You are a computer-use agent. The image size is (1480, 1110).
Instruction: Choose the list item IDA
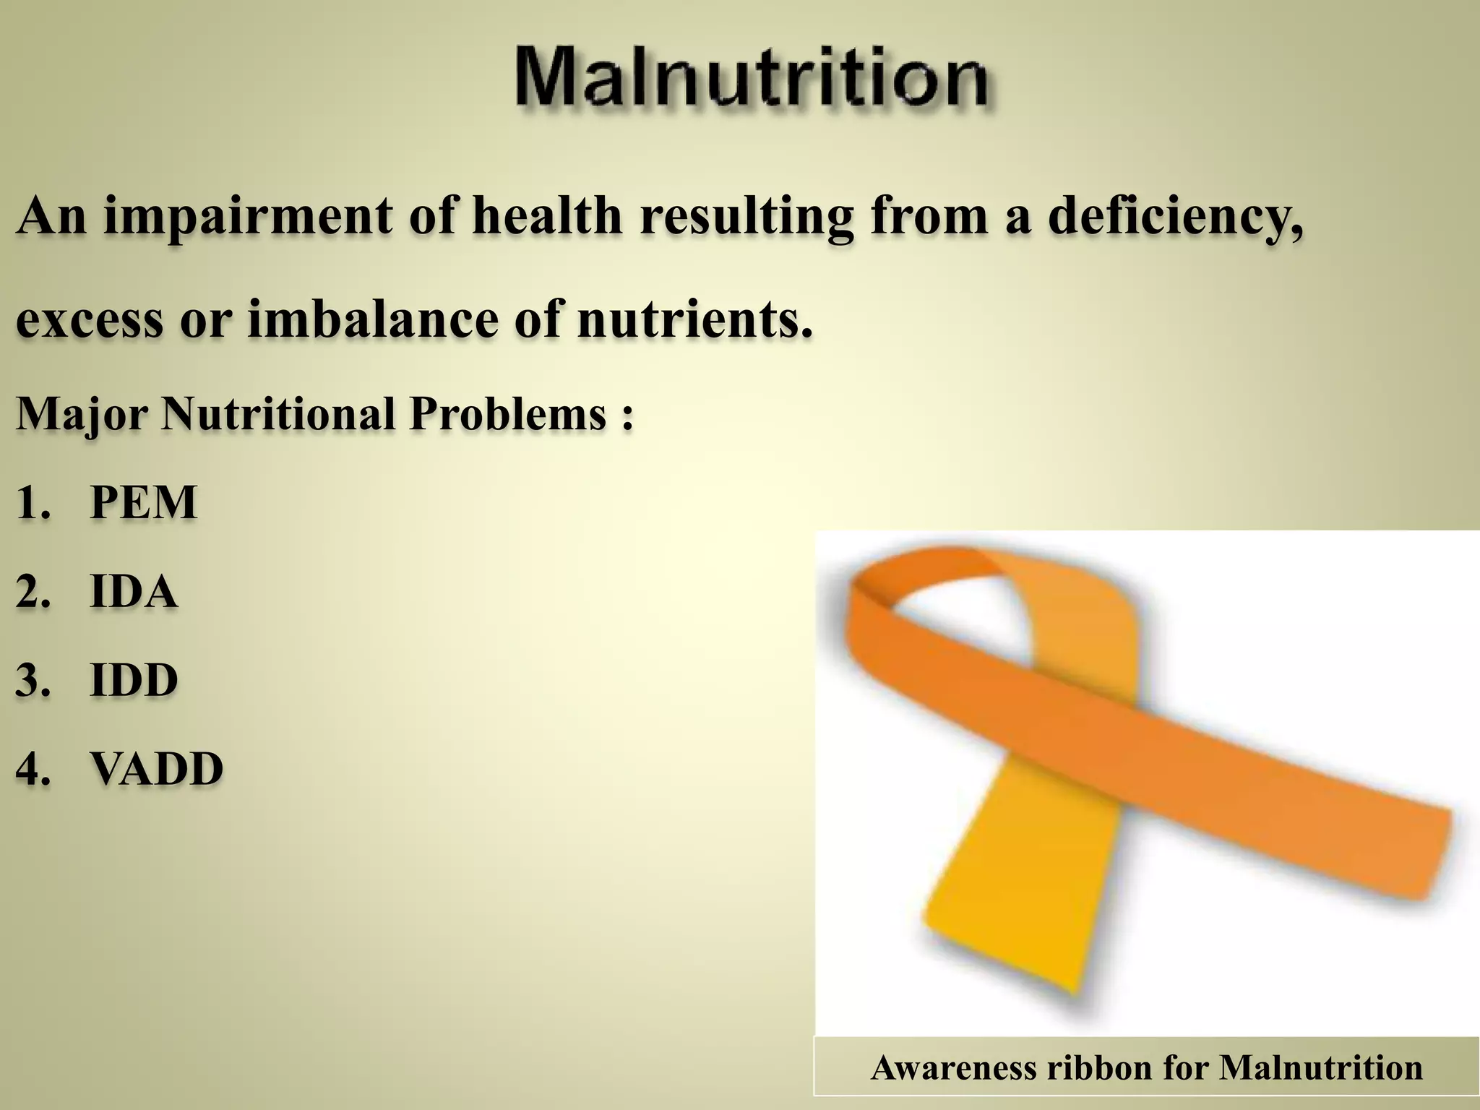[134, 592]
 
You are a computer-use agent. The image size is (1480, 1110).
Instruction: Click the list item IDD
[134, 680]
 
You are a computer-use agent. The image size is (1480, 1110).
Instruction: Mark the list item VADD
[156, 769]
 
